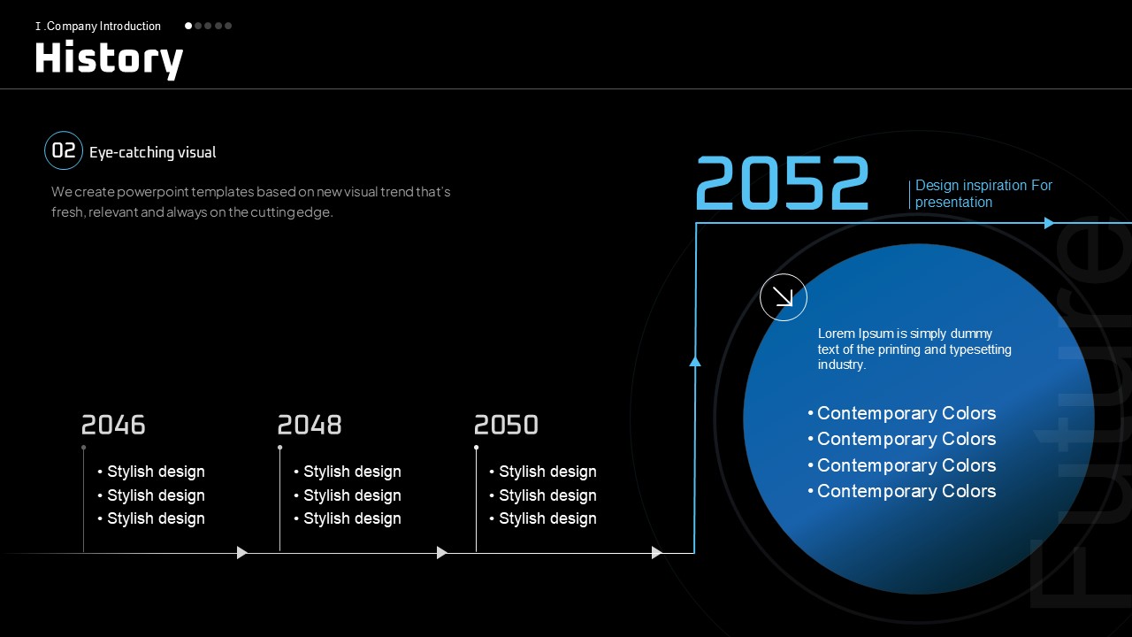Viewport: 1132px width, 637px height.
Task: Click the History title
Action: [109, 58]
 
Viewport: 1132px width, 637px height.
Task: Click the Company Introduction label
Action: [98, 27]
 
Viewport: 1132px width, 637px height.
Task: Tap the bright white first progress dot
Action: [188, 26]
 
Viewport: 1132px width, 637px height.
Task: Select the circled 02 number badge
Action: [64, 150]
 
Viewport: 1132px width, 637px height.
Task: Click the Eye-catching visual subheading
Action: [153, 152]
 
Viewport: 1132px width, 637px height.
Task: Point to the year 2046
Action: [113, 425]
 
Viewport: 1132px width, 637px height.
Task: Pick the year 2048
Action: [310, 425]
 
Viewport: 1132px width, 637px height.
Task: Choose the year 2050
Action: [506, 425]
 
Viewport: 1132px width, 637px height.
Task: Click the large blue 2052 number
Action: [783, 182]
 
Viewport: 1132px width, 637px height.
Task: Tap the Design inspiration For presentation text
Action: [983, 194]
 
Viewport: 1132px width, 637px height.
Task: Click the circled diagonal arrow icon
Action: [784, 297]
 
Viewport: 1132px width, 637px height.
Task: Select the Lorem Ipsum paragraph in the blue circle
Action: [914, 349]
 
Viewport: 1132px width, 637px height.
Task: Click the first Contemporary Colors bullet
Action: [901, 413]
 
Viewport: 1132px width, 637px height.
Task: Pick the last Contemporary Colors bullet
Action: [901, 491]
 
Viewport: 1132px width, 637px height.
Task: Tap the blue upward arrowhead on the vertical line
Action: [695, 361]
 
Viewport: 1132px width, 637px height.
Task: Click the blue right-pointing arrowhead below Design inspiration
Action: [1049, 223]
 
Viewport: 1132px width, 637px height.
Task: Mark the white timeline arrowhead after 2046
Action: [242, 553]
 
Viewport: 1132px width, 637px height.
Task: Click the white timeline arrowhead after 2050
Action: [656, 553]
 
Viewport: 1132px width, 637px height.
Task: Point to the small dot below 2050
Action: [476, 448]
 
